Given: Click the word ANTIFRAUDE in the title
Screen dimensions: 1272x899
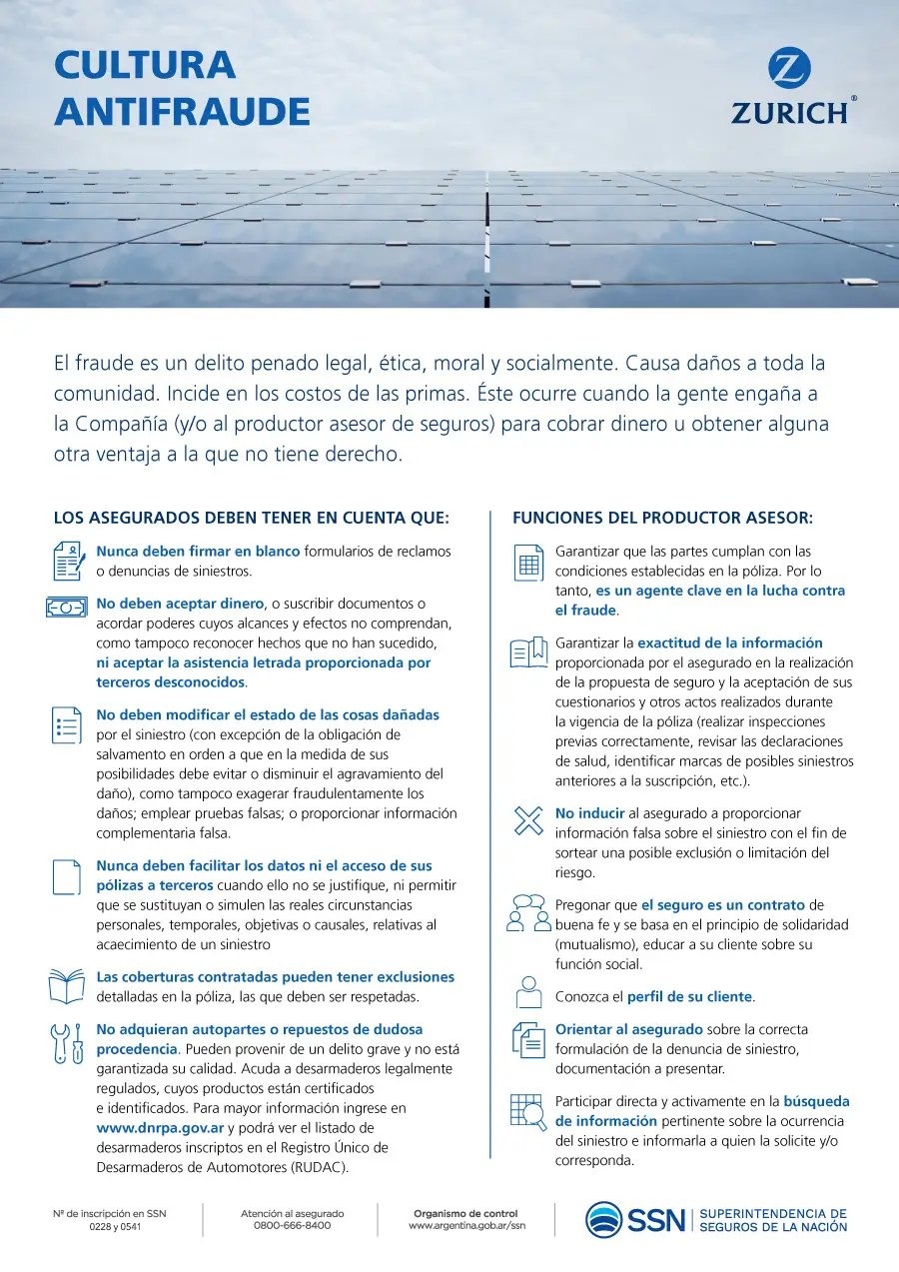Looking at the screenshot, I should coord(182,111).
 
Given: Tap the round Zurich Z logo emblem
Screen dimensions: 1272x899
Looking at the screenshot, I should coord(789,69).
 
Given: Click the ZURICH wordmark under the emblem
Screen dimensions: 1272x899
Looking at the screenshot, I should coord(789,112).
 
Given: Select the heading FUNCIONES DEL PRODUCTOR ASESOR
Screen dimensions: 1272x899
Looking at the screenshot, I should coord(662,518).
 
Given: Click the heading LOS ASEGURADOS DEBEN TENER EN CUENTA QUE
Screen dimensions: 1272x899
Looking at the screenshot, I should coord(252,518).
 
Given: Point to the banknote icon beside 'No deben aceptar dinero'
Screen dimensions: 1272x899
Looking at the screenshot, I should coord(67,606).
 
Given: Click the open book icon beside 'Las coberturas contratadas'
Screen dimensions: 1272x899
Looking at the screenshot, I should coord(67,986).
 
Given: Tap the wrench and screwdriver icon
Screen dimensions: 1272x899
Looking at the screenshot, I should coord(67,1043).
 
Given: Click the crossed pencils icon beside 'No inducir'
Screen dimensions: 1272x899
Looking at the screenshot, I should coord(526,820).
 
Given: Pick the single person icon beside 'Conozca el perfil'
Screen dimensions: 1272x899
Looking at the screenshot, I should coord(527,993).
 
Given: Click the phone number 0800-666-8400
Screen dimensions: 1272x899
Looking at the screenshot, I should coord(292,1225).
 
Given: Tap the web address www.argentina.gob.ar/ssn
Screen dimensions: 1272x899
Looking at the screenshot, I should coord(466,1225).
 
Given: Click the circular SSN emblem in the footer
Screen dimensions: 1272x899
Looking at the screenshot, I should coord(603,1219).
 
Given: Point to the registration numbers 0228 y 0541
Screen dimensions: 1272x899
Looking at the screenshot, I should coord(109,1226).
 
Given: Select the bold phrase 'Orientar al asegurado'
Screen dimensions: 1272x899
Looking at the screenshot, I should coord(629,1029).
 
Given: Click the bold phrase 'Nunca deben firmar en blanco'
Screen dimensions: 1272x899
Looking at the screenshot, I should coord(198,551).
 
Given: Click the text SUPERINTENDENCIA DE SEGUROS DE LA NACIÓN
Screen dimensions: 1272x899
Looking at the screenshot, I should coord(772,1219).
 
